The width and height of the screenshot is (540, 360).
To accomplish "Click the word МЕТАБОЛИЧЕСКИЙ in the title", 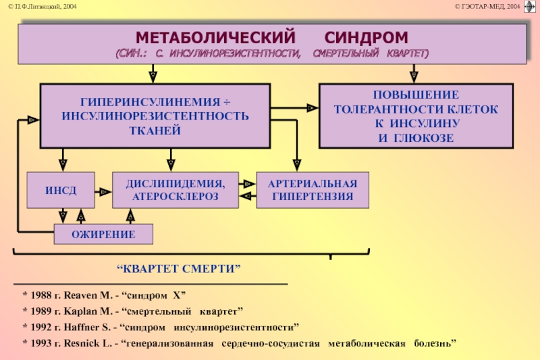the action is pyautogui.click(x=215, y=37).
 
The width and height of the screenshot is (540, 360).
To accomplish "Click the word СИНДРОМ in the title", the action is pyautogui.click(x=366, y=37).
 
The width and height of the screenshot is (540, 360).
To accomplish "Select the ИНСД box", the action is pyautogui.click(x=61, y=190).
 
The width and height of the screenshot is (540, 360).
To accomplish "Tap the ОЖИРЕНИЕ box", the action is pyautogui.click(x=103, y=234).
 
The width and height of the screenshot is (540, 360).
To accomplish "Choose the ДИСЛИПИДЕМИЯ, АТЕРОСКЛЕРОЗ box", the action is pyautogui.click(x=175, y=190).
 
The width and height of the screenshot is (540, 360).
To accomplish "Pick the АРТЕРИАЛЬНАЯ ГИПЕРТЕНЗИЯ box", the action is pyautogui.click(x=313, y=190).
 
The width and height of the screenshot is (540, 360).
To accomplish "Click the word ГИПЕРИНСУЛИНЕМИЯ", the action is pyautogui.click(x=151, y=102).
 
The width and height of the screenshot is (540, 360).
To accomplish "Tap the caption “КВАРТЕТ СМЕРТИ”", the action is pyautogui.click(x=179, y=268).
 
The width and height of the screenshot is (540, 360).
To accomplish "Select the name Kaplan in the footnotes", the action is pyautogui.click(x=80, y=311).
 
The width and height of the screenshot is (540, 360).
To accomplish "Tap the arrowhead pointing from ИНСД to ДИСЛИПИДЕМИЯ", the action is pyautogui.click(x=105, y=192).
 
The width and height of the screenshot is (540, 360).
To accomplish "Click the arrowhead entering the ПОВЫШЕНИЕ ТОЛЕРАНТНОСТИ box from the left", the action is pyautogui.click(x=313, y=108).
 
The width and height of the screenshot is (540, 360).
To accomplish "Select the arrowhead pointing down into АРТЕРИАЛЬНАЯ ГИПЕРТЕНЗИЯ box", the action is pyautogui.click(x=297, y=165).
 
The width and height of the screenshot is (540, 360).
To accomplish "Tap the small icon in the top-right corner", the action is pyautogui.click(x=530, y=7).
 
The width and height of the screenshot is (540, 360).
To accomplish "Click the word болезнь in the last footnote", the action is pyautogui.click(x=435, y=343).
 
